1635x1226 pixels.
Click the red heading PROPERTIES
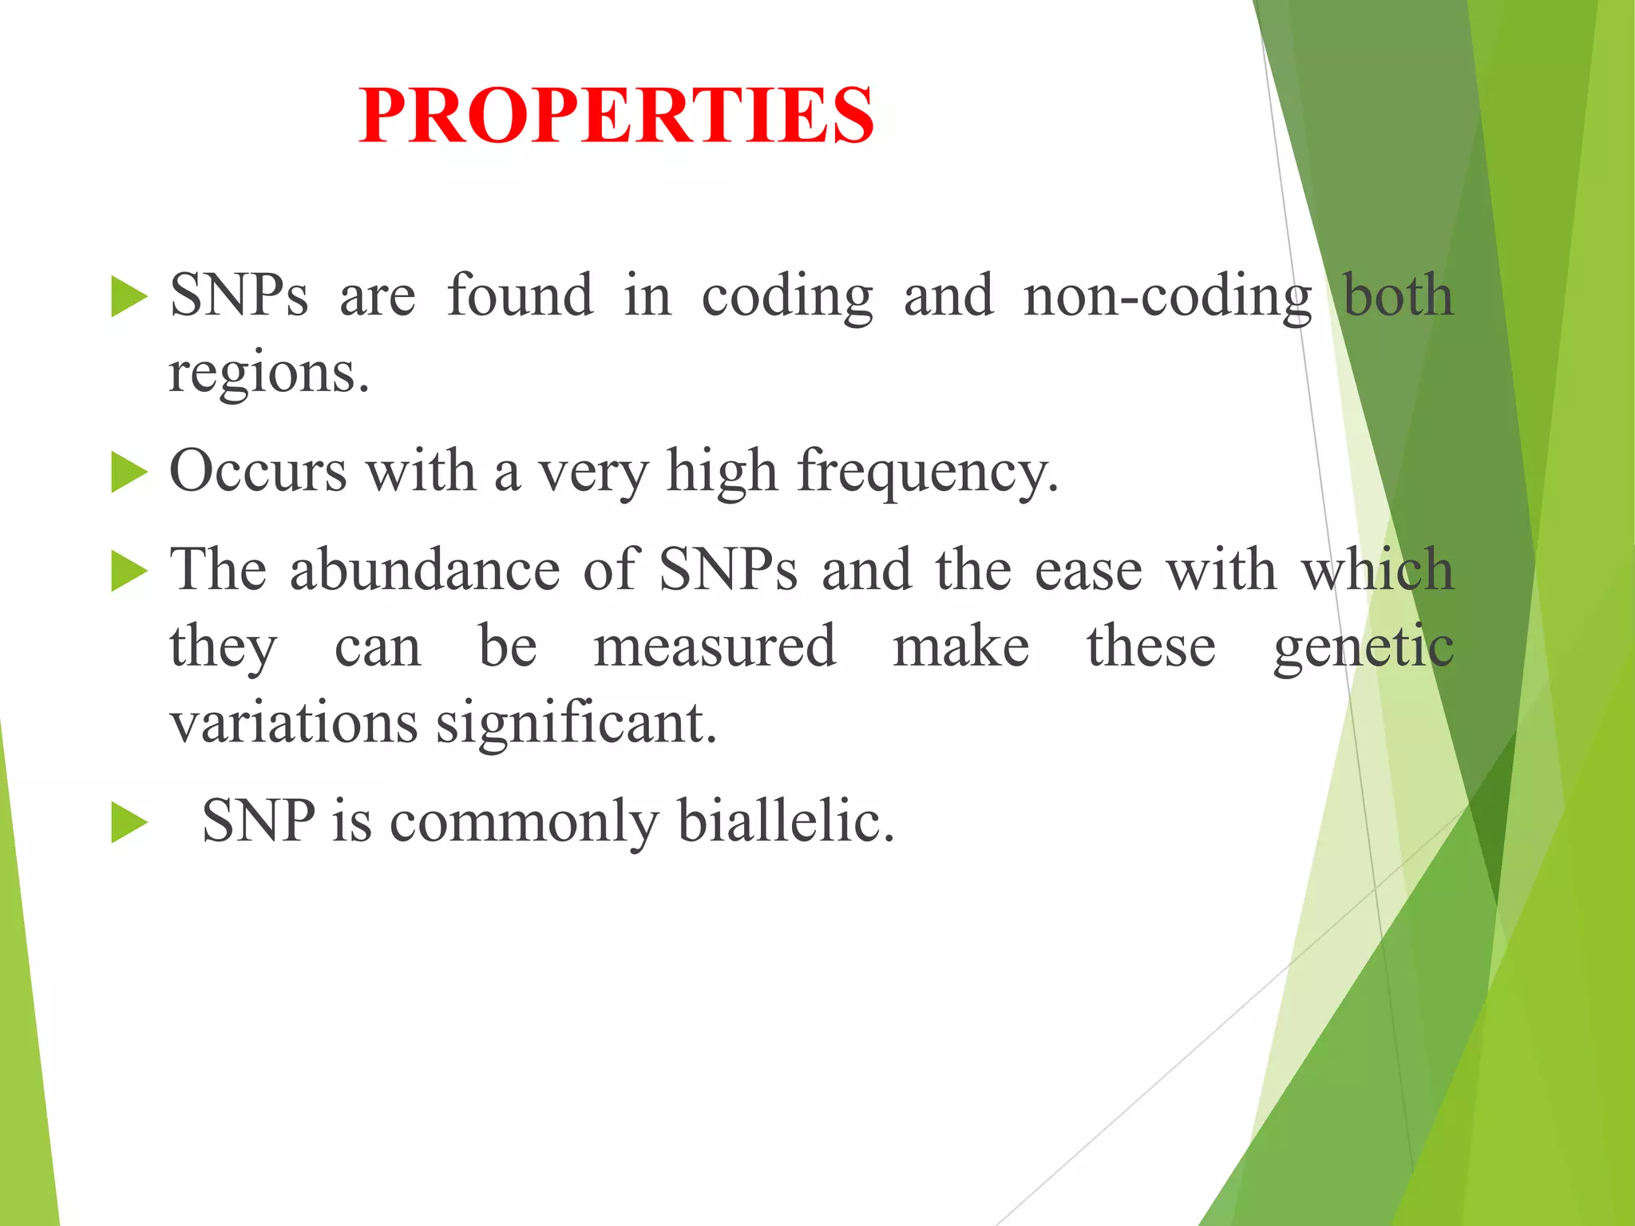(x=616, y=117)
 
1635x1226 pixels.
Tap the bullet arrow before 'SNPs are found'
(x=129, y=296)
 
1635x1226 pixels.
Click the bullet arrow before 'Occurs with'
(x=129, y=472)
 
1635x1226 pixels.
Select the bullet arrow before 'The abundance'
(x=129, y=571)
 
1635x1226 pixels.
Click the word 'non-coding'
(x=1167, y=297)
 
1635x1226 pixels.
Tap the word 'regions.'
(x=269, y=374)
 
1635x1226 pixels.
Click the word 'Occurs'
(x=258, y=471)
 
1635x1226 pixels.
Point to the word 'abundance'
(x=425, y=571)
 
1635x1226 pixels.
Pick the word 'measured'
(x=715, y=647)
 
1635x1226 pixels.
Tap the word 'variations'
(x=294, y=723)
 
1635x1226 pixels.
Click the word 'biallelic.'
(x=786, y=821)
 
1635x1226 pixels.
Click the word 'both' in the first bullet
(x=1398, y=295)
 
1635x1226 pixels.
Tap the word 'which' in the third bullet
(x=1378, y=571)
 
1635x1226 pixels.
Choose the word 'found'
(x=520, y=295)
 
